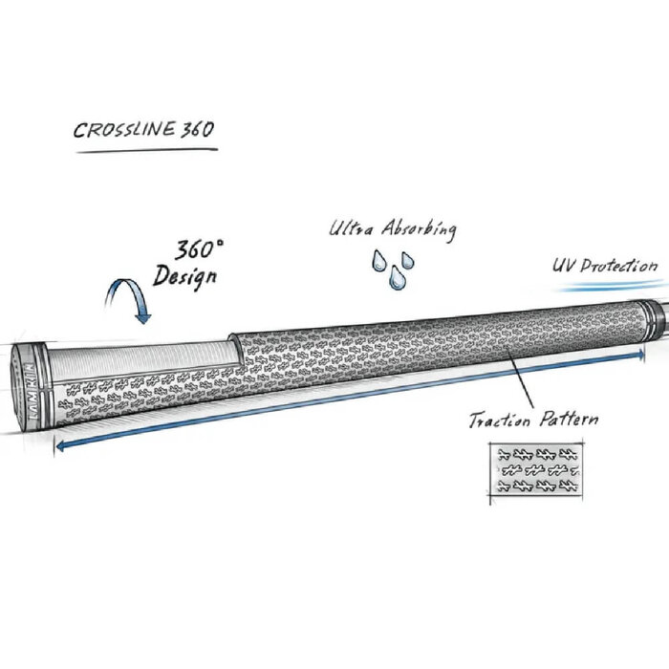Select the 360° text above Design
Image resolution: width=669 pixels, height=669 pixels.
199,252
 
